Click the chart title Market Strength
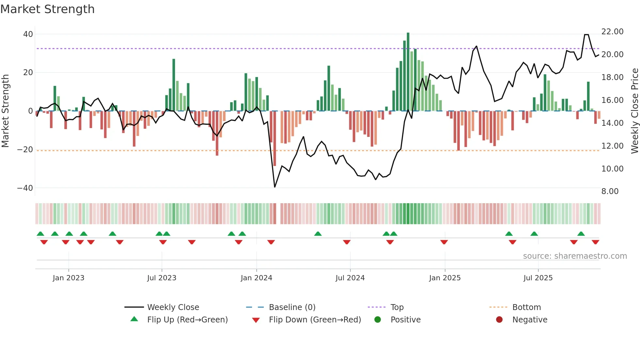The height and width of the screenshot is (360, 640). (x=47, y=9)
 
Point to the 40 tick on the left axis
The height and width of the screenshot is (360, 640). (x=28, y=34)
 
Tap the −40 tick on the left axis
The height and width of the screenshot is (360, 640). (x=25, y=188)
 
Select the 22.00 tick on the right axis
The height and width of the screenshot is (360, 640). (x=612, y=32)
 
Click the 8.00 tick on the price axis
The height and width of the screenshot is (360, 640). (x=610, y=191)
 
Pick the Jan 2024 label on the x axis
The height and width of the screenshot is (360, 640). (x=256, y=278)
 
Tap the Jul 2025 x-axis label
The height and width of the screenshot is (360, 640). (x=538, y=278)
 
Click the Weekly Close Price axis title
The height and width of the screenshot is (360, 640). (x=634, y=111)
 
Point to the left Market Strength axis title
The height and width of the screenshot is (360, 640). (x=5, y=111)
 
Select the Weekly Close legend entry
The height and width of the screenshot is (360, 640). (x=173, y=307)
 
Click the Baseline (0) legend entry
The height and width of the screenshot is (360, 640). (x=292, y=307)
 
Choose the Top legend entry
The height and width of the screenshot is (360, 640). (x=397, y=307)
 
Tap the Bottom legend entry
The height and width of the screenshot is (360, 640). (x=526, y=307)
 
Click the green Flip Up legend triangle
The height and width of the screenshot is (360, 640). (x=134, y=319)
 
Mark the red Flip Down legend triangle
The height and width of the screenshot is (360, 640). (x=256, y=320)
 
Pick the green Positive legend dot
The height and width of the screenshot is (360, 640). (x=377, y=320)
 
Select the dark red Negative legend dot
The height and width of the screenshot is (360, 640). (x=499, y=320)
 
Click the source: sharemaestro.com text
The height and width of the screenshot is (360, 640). (x=575, y=256)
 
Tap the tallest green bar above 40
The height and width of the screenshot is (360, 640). (x=408, y=72)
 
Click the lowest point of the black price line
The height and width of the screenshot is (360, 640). (x=275, y=187)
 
